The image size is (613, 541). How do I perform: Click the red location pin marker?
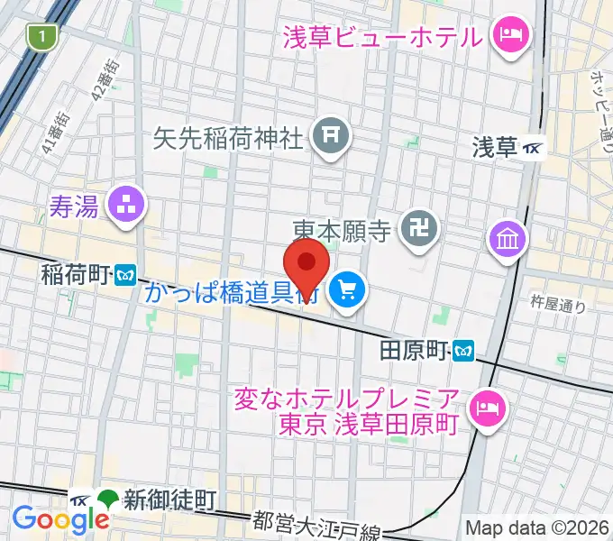[x=306, y=264]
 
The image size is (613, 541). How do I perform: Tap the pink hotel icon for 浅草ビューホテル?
[x=507, y=36]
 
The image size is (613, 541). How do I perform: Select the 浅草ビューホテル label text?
[x=382, y=37]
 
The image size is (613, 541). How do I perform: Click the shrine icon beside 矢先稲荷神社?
[x=330, y=136]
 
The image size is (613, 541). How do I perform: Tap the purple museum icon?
[x=505, y=239]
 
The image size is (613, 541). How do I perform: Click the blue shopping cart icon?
[x=345, y=289]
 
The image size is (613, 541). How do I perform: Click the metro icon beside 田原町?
[x=463, y=347]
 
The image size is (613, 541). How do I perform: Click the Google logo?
[x=59, y=518]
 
